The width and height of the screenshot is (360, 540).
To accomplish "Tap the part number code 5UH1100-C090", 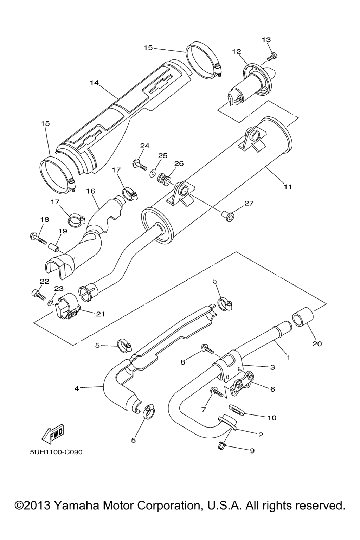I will tap(56, 452).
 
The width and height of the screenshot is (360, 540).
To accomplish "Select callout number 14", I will tap(94, 83).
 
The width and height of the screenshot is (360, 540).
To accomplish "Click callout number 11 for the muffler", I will tap(288, 187).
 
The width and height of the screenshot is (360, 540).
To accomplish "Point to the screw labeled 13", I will tap(272, 55).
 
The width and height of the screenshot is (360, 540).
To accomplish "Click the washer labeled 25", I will tap(153, 173).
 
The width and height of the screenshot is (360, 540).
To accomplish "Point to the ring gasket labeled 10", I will tap(237, 409).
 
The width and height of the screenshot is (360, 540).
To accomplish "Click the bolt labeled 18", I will tap(38, 238).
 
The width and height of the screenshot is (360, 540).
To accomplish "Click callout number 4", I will tap(76, 388).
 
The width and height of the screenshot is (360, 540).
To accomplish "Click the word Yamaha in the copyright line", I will tap(77, 506).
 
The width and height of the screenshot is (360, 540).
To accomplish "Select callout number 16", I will tap(90, 191).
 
